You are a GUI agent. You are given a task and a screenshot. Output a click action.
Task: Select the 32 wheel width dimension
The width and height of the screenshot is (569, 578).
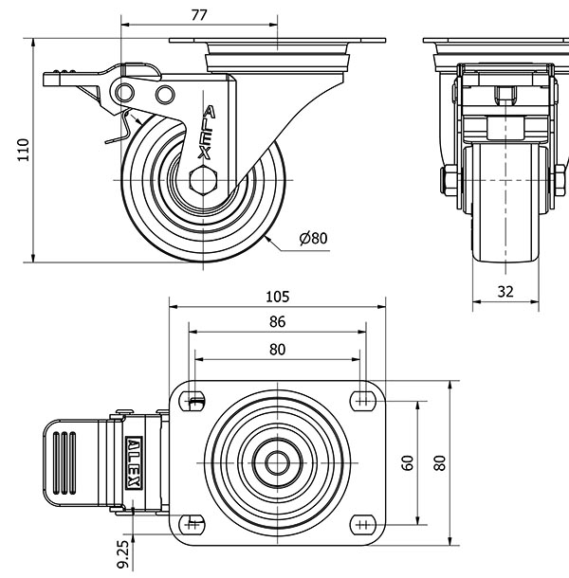(x=505, y=293)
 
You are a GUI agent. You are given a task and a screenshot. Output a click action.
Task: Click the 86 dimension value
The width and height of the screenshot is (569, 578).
(x=277, y=322)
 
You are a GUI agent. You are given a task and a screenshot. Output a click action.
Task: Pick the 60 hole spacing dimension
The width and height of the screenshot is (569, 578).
(x=408, y=461)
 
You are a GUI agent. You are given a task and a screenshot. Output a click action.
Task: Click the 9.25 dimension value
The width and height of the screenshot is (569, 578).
(x=123, y=554)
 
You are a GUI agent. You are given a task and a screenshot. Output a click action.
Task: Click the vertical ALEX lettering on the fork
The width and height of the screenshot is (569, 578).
(x=207, y=133)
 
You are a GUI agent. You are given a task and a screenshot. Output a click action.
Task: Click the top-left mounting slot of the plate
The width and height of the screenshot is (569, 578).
(x=194, y=399)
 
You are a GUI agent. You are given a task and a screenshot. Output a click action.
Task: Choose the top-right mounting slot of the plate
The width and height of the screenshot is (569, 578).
(x=361, y=399)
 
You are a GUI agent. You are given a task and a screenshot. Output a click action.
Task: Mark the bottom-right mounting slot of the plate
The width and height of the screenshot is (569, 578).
(x=361, y=521)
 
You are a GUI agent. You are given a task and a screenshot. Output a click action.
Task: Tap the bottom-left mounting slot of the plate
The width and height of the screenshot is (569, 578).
(x=194, y=521)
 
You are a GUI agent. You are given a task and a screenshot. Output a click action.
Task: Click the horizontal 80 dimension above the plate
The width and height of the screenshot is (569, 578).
(x=277, y=349)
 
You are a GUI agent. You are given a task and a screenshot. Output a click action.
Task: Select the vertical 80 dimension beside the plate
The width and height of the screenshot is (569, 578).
(x=439, y=461)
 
